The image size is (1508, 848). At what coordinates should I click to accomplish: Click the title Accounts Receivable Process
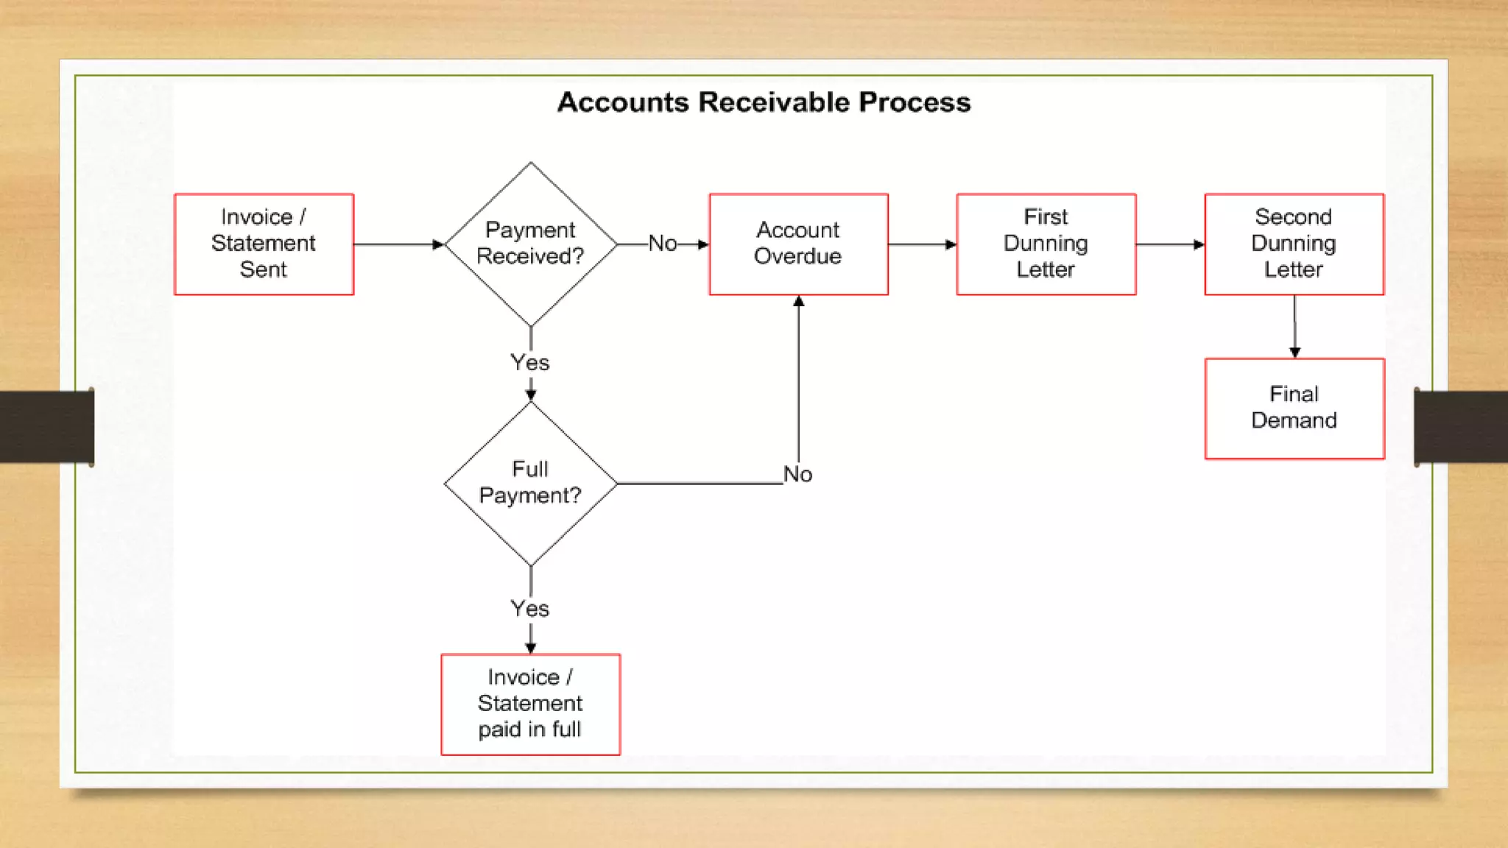coord(764,102)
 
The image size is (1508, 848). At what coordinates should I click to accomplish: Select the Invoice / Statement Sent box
coord(264,244)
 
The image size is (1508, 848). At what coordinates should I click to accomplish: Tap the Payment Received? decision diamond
coord(530,244)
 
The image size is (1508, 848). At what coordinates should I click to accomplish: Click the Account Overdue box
coord(798,244)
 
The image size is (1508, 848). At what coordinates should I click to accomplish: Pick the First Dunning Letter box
coord(1046,244)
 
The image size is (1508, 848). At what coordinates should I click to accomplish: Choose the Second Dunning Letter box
coord(1294,244)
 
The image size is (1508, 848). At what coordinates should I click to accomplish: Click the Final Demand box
coord(1294,409)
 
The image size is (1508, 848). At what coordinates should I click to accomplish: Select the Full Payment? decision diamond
coord(530,483)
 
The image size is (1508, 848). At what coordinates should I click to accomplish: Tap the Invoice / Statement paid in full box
coord(530,704)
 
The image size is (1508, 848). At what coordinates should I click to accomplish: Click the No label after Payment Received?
coord(663,244)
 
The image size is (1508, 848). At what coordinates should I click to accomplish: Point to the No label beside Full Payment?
coord(797,474)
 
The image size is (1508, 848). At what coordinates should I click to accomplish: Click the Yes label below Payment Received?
coord(530,362)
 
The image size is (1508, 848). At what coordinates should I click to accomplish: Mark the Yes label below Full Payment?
coord(530,609)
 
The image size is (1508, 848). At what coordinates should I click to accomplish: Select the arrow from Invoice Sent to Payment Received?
coord(398,244)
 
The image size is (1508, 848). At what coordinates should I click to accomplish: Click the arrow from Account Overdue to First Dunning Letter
coord(922,244)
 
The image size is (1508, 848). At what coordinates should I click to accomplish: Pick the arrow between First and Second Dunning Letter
coord(1170,244)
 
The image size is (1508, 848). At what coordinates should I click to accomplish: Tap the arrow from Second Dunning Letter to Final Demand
coord(1294,327)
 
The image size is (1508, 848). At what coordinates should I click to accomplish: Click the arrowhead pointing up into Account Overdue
coord(799,301)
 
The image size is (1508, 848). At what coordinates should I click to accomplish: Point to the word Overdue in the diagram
coord(797,256)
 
